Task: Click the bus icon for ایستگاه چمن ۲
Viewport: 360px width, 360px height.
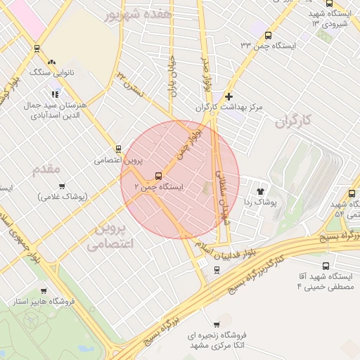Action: tap(157, 176)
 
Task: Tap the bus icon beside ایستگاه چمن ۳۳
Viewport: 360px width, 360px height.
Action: tap(268, 35)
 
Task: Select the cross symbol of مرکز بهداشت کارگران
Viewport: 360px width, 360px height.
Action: tap(229, 96)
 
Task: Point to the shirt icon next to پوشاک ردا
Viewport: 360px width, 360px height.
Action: tap(261, 191)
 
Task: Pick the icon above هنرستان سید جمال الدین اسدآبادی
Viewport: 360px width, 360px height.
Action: tap(55, 94)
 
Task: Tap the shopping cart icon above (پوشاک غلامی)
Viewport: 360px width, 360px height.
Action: tap(63, 186)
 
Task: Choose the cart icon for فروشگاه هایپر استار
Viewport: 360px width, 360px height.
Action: tap(44, 290)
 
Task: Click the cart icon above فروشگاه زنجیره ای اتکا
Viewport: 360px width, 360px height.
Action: tap(216, 324)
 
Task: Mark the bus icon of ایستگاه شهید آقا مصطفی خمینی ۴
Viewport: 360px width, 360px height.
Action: tap(325, 266)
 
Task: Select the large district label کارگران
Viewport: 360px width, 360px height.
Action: tap(292, 122)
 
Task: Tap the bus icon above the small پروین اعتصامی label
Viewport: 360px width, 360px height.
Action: tap(118, 149)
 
